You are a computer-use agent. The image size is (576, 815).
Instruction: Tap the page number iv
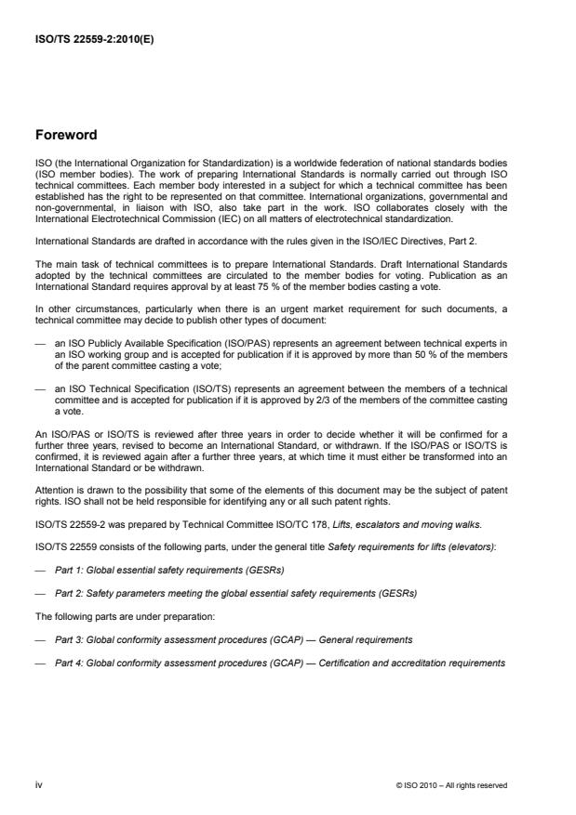(38, 784)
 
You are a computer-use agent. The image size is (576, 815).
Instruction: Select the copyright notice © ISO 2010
(451, 784)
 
